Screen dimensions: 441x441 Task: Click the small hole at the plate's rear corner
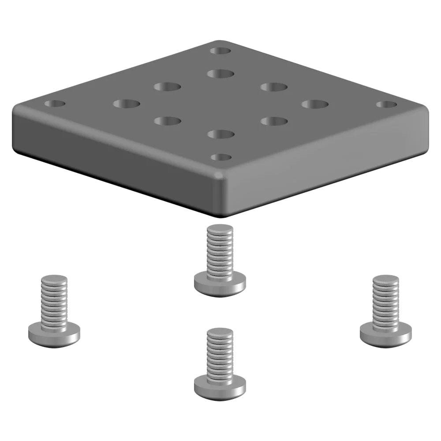220,51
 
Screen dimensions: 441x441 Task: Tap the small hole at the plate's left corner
55,105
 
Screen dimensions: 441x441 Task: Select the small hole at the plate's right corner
386,105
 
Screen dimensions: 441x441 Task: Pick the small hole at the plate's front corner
221,157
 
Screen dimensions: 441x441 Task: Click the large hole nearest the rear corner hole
220,73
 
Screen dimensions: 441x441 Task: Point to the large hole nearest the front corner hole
220,134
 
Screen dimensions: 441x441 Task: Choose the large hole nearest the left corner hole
126,104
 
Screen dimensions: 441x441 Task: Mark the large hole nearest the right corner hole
315,105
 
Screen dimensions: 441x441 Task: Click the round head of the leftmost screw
54,335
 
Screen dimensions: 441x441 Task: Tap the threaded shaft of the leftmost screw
54,304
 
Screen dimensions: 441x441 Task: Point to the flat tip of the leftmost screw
54,279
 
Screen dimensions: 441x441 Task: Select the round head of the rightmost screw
385,335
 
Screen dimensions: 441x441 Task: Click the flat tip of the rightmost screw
385,279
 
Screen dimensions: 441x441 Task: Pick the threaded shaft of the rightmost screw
385,304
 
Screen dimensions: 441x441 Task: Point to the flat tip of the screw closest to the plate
220,228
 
